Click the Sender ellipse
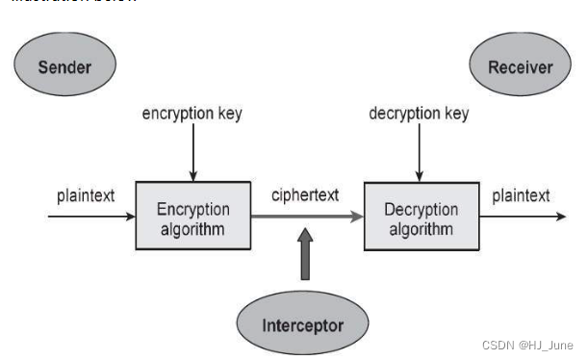tap(65, 66)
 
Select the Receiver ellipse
tap(521, 66)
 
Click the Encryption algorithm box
tap(193, 218)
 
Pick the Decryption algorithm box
tap(421, 218)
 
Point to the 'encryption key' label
tap(192, 114)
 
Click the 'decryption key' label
tap(419, 114)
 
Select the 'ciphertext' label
tap(306, 195)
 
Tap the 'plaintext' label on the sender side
tap(86, 195)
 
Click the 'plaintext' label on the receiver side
tap(521, 195)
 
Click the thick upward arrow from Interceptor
tap(306, 255)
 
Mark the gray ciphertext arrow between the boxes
tap(306, 218)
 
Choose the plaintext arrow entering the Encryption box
tap(91, 218)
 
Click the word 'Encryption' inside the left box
tap(193, 209)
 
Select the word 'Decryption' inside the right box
tap(421, 209)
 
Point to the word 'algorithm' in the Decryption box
tap(421, 229)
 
